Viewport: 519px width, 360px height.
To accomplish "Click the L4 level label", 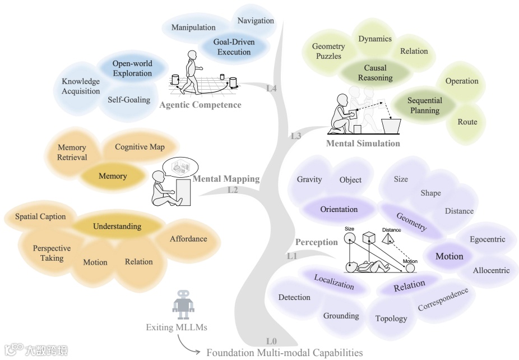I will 271,88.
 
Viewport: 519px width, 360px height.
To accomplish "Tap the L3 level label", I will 296,136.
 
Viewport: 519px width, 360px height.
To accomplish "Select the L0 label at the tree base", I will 272,341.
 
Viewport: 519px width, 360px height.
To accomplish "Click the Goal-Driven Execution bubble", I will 234,47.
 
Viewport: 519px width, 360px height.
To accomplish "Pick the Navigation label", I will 256,21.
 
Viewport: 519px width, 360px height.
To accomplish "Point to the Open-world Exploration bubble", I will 132,68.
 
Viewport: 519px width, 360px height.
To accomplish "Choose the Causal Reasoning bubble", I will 375,73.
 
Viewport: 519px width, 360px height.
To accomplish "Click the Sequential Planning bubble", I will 424,105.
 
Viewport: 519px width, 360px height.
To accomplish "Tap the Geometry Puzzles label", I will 328,52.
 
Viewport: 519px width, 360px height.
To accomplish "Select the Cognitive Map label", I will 140,147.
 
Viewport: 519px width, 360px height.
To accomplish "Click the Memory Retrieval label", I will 72,153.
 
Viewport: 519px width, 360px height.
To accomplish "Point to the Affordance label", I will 188,239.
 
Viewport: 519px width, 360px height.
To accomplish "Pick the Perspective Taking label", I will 52,253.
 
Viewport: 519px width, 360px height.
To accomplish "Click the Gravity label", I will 309,179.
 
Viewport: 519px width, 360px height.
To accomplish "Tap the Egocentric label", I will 487,239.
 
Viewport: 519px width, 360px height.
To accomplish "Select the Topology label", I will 391,319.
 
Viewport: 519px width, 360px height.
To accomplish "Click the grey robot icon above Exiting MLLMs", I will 184,306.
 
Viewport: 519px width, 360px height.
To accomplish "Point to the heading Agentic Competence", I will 200,105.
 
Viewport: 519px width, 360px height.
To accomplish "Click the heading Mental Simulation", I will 363,143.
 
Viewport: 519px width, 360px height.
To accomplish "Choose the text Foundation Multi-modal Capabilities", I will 285,353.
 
